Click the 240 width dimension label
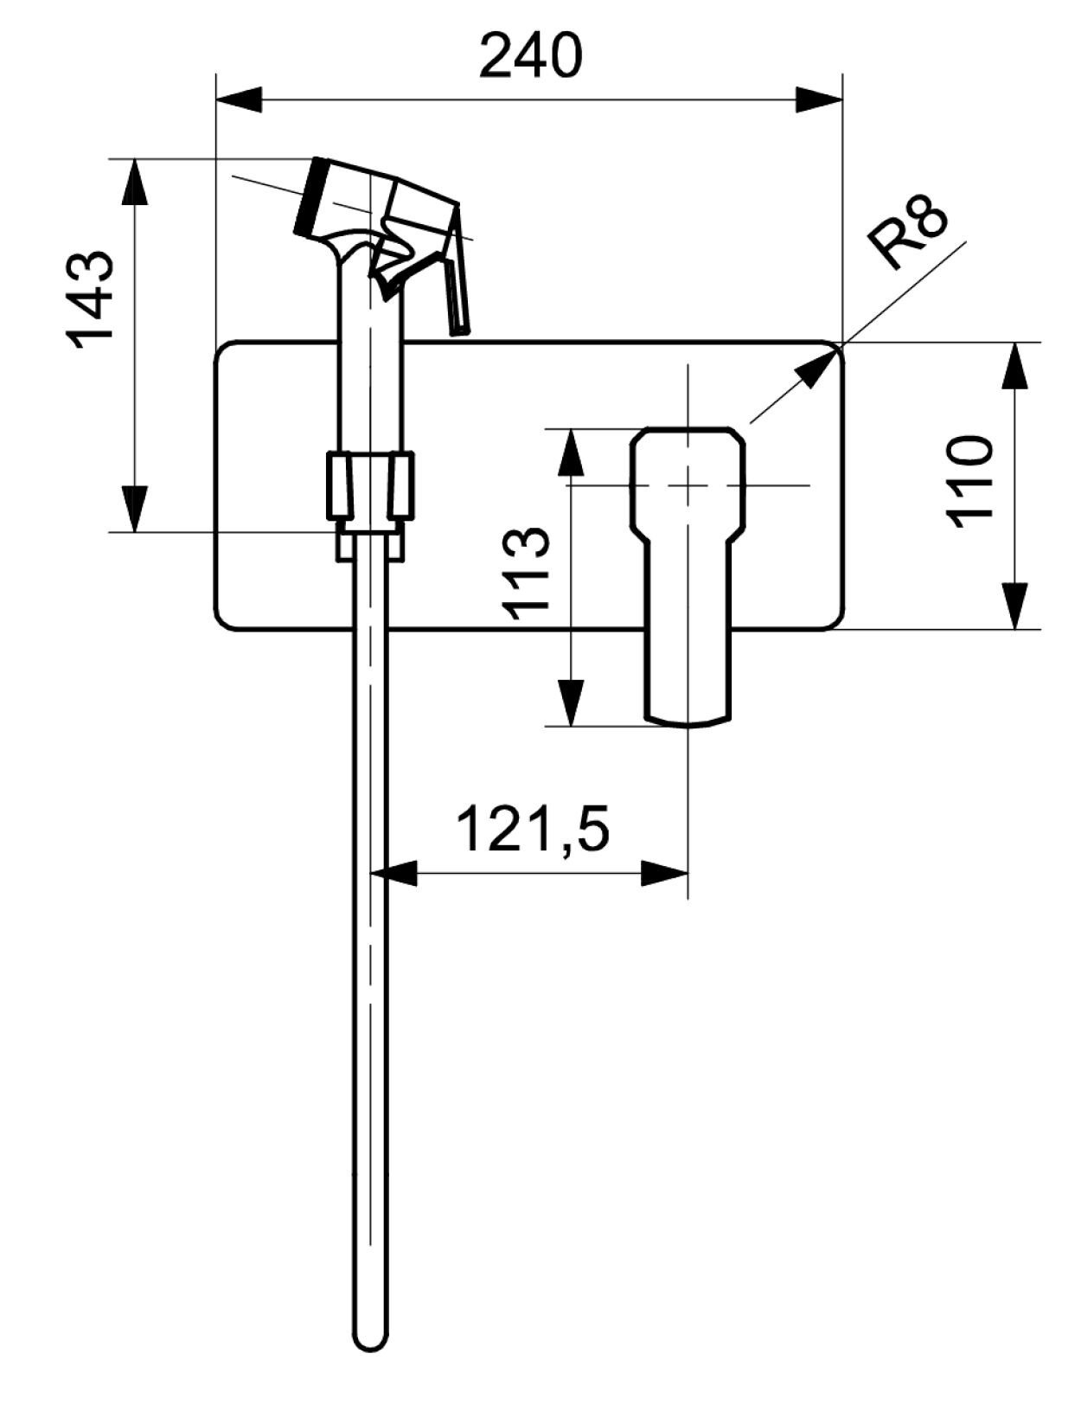pyautogui.click(x=530, y=56)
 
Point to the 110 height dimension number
pyautogui.click(x=969, y=482)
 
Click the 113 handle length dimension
pyautogui.click(x=526, y=573)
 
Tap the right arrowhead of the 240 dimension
pyautogui.click(x=820, y=98)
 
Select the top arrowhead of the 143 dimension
pyautogui.click(x=134, y=180)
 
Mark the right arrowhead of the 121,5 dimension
pyautogui.click(x=666, y=873)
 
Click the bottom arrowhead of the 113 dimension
pyautogui.click(x=569, y=702)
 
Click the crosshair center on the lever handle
pyautogui.click(x=688, y=484)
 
